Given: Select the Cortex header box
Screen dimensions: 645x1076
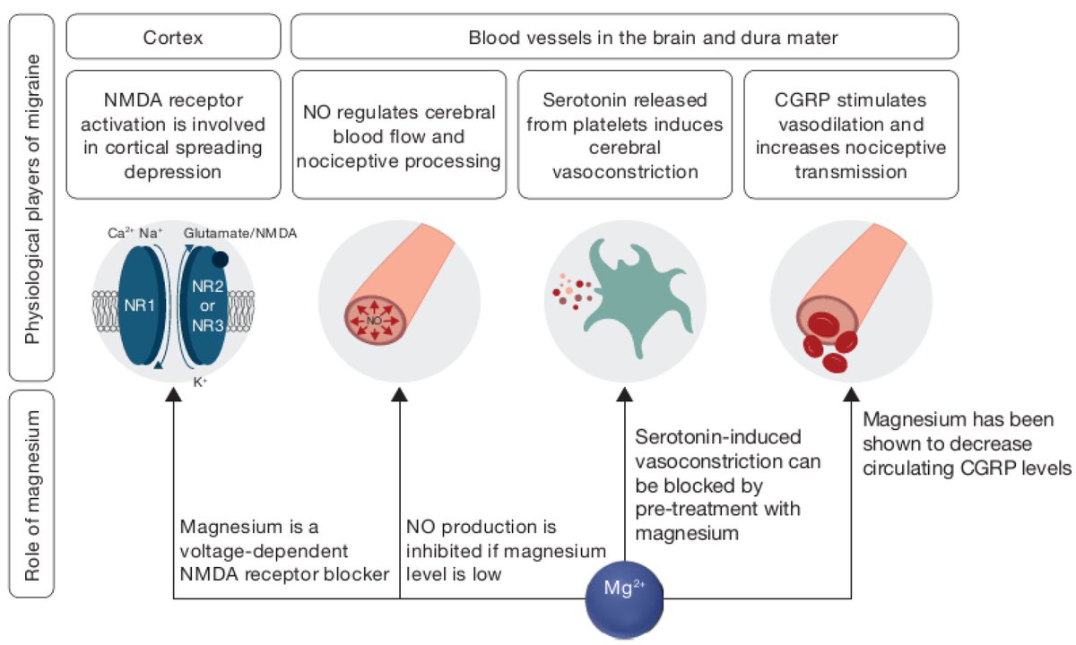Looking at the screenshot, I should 174,38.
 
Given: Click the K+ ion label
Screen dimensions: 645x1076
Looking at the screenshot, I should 199,381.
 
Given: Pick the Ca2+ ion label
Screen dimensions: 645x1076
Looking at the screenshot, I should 120,233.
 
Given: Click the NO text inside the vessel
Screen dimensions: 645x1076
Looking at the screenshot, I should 374,319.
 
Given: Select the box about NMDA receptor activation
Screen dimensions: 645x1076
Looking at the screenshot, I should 174,135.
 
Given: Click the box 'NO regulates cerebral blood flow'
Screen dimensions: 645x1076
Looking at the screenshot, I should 399,135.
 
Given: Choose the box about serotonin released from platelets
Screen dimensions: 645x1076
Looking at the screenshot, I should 625,135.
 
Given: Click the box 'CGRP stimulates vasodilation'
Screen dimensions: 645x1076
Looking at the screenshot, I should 851,135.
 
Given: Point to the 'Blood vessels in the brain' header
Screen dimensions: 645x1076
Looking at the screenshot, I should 625,38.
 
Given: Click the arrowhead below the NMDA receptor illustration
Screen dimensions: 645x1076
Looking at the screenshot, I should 173,396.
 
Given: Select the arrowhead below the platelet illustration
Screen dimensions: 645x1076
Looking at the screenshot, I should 625,396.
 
